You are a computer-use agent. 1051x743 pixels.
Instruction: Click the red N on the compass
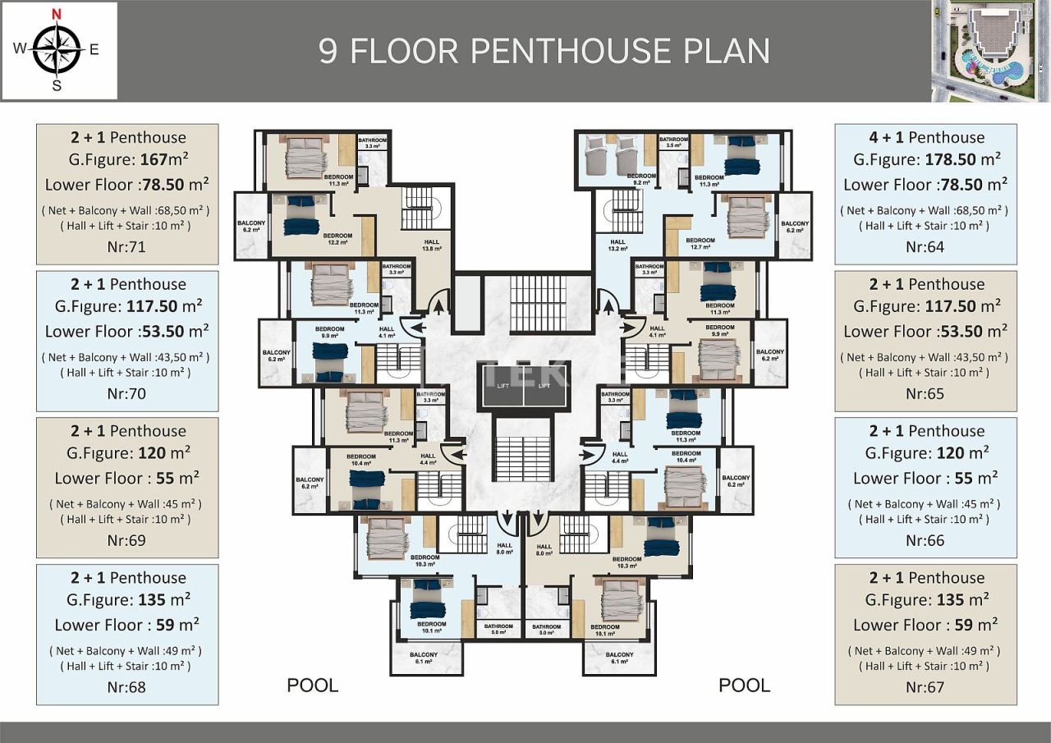(57, 13)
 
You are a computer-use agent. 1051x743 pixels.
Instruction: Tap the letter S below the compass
(57, 86)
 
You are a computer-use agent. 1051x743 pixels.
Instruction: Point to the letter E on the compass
(94, 49)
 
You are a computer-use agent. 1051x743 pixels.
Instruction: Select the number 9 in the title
(328, 51)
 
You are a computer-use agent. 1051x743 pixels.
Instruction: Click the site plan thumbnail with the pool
(990, 51)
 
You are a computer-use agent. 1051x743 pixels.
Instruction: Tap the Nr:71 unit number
(127, 246)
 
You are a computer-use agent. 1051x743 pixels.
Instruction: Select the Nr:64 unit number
(925, 246)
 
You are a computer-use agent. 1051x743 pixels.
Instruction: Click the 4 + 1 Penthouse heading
(926, 138)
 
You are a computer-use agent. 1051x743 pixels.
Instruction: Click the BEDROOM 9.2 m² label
(641, 179)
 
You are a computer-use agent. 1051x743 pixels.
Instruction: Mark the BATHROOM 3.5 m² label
(673, 142)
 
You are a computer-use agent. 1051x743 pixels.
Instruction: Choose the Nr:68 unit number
(127, 686)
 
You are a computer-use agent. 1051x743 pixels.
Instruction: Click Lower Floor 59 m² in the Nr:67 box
(925, 625)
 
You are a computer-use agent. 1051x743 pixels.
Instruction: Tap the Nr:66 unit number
(925, 540)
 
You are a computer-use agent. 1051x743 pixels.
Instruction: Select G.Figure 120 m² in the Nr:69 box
(127, 453)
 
